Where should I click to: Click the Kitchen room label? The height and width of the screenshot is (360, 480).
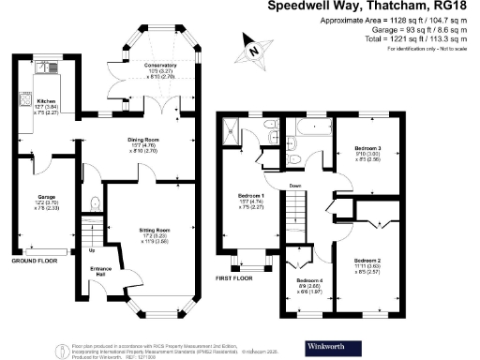[46, 104]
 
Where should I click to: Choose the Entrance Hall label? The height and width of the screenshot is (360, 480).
[96, 269]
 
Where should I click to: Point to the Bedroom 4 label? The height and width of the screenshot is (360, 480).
[309, 281]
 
